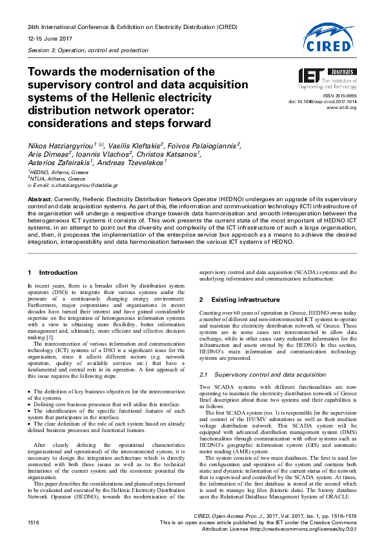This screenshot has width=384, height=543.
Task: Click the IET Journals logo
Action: click(326, 79)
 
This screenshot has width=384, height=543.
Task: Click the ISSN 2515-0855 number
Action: click(342, 95)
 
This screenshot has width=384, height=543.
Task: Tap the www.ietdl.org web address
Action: click(342, 107)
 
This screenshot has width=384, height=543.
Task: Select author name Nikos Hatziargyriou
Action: click(63, 146)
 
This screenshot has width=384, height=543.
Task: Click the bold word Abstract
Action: click(39, 200)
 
